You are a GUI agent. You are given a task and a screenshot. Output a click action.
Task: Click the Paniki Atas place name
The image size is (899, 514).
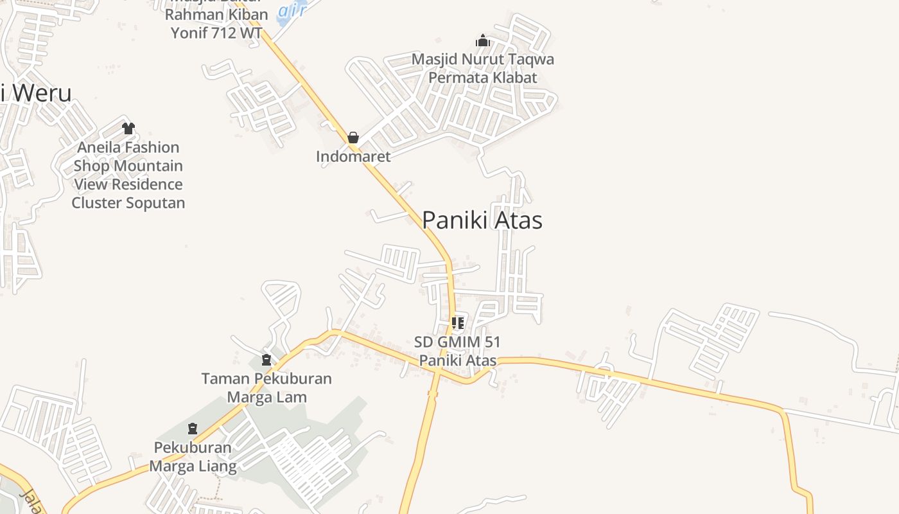(482, 220)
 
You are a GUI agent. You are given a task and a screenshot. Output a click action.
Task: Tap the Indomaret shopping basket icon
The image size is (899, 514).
(353, 137)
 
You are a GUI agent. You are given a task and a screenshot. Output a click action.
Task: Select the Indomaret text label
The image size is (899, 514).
(353, 156)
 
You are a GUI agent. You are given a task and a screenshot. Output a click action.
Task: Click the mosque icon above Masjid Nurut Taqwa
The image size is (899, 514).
(483, 41)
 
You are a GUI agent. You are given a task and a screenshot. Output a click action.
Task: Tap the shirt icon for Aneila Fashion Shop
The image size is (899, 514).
(128, 128)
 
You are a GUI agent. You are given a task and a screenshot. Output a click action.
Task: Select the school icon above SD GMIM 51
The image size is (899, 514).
(457, 323)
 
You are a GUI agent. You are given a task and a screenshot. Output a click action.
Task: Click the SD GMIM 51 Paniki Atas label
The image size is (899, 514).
(458, 351)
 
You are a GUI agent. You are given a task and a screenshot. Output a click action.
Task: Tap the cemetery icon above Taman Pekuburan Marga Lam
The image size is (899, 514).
(266, 360)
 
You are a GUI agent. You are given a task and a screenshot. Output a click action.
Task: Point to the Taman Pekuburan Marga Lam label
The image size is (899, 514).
(266, 387)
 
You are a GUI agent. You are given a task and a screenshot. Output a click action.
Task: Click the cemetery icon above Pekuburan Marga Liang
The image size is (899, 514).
(193, 428)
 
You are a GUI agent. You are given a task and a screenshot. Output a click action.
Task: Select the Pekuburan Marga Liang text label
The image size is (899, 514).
(193, 456)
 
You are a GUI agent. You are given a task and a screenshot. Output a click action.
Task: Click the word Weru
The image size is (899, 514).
(41, 93)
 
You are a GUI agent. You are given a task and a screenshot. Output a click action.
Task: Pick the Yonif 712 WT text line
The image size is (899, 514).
(216, 33)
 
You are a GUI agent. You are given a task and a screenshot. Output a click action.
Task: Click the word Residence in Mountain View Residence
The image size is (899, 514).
(146, 184)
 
